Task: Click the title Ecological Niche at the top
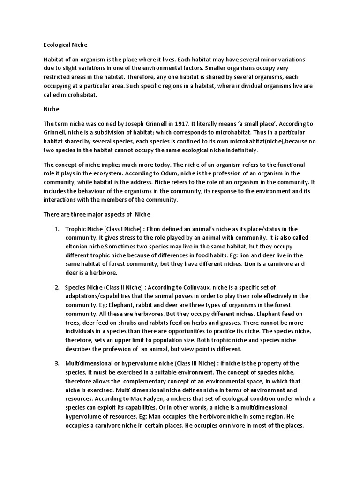pos(65,45)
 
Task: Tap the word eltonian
pos(79,247)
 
